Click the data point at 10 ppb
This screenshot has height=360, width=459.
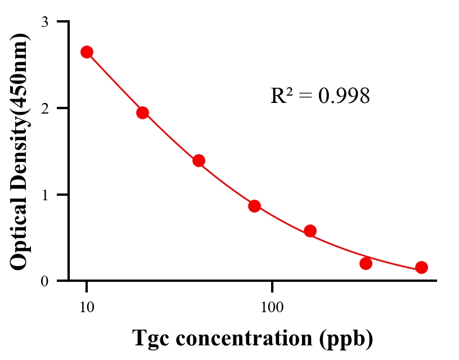[87, 52]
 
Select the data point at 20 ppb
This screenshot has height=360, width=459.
[142, 112]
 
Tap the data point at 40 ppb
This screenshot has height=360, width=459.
[199, 160]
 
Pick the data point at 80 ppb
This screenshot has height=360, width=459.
[254, 206]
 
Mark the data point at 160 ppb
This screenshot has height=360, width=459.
[310, 231]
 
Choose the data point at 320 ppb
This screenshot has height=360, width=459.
[366, 263]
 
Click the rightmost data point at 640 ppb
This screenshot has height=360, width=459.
[421, 267]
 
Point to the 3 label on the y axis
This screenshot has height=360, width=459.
[44, 22]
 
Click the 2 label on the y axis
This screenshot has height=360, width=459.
[44, 108]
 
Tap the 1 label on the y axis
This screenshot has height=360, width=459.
[44, 195]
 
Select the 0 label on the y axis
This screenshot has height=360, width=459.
[44, 281]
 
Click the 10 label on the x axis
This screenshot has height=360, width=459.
[87, 308]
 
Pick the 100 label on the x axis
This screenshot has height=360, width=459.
[272, 308]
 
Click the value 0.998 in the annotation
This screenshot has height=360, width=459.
[344, 96]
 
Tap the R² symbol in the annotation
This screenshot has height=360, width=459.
[281, 96]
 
